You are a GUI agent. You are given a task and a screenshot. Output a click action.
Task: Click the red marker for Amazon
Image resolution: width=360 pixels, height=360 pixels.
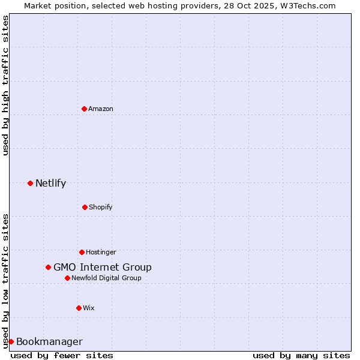click(x=84, y=109)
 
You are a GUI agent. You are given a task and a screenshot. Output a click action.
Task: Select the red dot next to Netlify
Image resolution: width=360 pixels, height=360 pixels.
click(x=30, y=183)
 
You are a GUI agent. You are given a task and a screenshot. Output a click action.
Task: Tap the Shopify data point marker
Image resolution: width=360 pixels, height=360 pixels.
click(x=85, y=207)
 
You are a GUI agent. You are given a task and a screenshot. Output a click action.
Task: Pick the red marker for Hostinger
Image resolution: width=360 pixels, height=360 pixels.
click(x=82, y=252)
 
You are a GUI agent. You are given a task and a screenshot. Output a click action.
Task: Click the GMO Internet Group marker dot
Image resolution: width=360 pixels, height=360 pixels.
click(x=48, y=267)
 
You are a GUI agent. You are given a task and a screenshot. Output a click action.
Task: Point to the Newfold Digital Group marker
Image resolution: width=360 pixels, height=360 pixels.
click(x=67, y=278)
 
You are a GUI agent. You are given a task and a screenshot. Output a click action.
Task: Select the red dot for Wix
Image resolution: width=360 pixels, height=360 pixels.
click(x=79, y=308)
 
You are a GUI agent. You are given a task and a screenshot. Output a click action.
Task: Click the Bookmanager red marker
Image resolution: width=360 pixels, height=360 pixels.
click(x=11, y=341)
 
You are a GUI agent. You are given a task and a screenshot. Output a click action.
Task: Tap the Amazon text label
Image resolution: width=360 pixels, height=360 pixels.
click(x=101, y=109)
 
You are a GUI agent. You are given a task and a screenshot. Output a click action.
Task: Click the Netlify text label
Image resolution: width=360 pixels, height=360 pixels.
click(x=50, y=183)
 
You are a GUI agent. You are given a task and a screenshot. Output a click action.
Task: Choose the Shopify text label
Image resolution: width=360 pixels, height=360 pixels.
click(x=100, y=207)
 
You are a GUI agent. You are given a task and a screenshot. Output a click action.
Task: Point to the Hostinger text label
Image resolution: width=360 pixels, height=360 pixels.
click(x=101, y=252)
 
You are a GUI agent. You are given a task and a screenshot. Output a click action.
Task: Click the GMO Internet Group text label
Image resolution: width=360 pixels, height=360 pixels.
click(x=103, y=267)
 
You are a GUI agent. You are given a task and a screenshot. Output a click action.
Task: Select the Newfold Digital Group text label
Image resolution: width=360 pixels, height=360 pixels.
click(x=106, y=278)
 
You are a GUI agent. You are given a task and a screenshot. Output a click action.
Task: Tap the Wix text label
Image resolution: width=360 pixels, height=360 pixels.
click(x=89, y=308)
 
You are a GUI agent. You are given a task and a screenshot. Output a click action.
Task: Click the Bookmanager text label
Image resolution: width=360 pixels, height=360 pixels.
click(x=49, y=341)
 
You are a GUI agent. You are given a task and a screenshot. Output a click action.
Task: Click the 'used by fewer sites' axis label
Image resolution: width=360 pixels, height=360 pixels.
click(x=62, y=355)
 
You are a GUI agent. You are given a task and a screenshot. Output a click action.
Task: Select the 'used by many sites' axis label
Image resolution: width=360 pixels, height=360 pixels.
click(x=301, y=355)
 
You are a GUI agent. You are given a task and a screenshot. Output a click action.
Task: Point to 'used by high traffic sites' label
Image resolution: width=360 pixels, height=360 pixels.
click(x=5, y=85)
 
